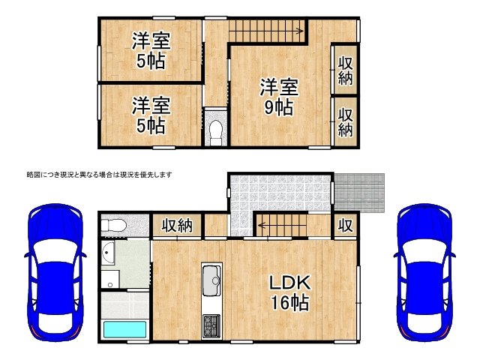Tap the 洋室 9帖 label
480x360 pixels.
[278, 97]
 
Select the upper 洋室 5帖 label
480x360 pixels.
[150, 49]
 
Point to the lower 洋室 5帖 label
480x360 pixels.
[151, 115]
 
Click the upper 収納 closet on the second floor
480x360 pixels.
[345, 70]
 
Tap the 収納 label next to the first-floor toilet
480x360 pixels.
[177, 226]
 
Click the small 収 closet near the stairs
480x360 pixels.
[345, 225]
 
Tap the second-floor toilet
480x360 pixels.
[215, 130]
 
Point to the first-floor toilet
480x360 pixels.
[115, 226]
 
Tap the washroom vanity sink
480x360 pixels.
[109, 255]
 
